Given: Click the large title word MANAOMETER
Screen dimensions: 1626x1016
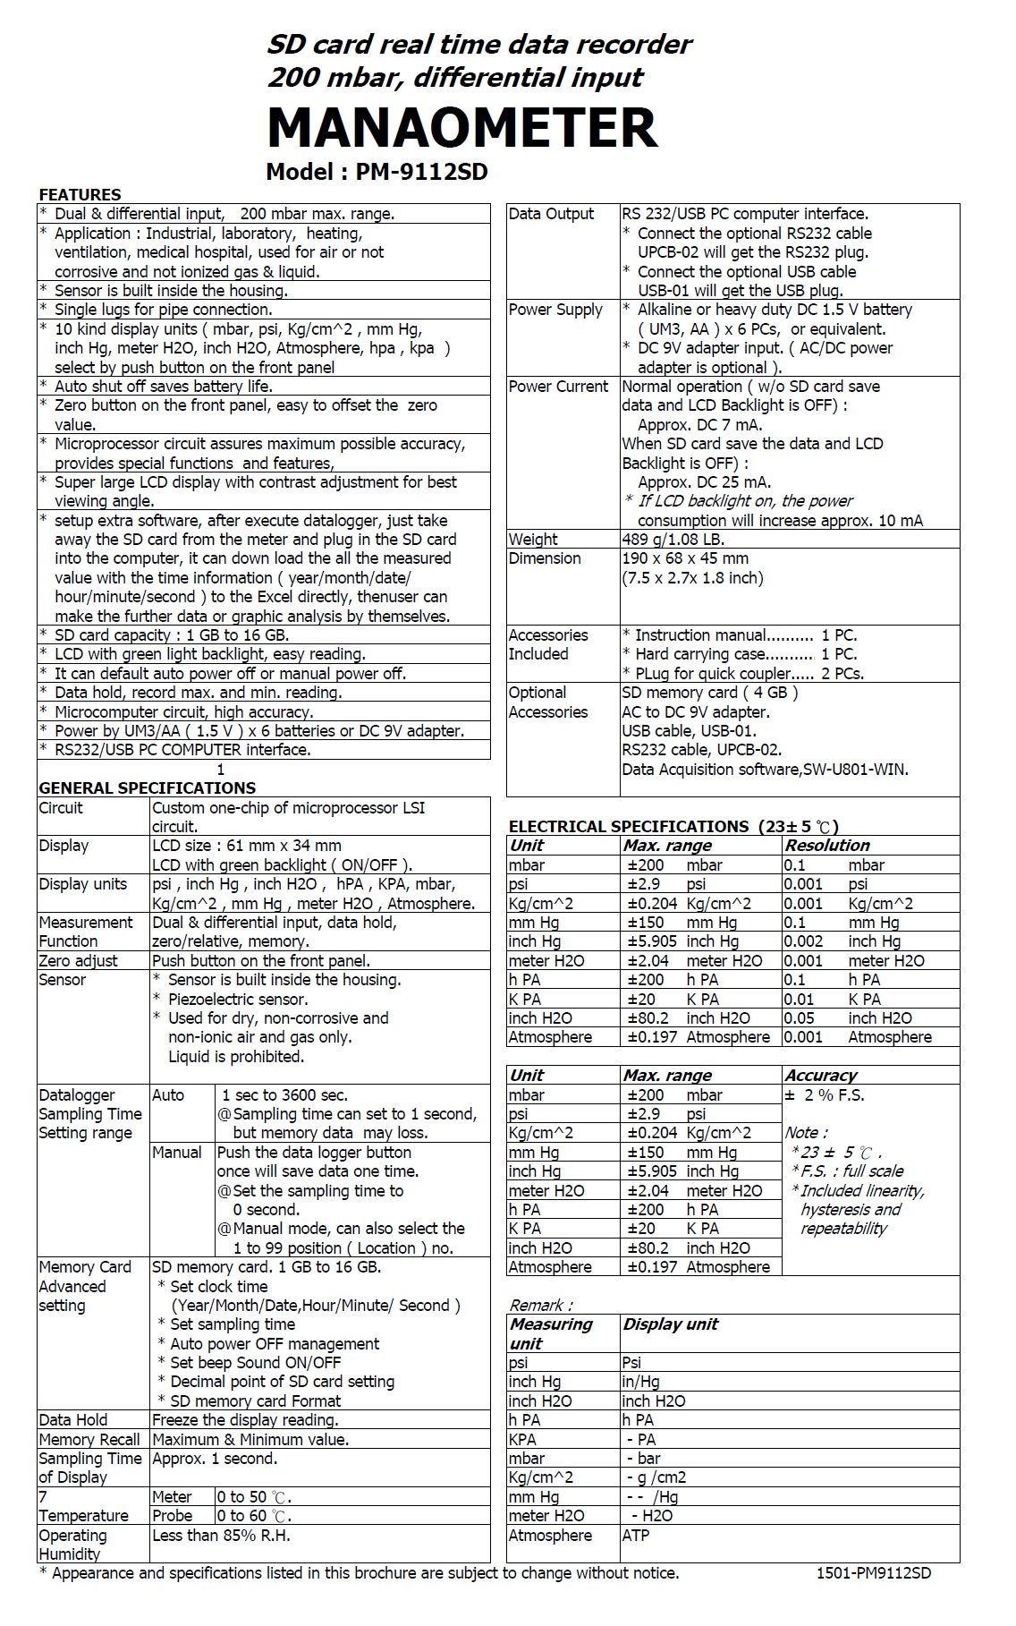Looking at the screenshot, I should pos(461,127).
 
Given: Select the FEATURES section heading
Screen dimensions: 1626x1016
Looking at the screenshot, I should pos(80,194).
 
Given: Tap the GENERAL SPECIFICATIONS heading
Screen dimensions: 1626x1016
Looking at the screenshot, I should pos(147,787).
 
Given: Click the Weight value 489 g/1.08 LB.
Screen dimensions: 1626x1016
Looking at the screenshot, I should pos(673,539).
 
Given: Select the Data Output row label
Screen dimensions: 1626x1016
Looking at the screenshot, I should pos(551,214).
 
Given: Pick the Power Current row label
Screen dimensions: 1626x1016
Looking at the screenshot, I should pos(558,387).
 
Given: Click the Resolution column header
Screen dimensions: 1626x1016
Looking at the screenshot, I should pos(826,845).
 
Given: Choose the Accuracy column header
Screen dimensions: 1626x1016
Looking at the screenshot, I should pos(820,1075).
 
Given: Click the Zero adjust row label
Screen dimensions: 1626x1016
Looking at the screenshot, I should pos(78,960).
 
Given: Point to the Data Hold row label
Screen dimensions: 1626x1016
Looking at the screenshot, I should pos(73,1420).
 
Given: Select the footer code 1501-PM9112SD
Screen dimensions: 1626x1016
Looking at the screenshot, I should pos(873,1573).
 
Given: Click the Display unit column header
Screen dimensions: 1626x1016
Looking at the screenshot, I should pos(671,1324).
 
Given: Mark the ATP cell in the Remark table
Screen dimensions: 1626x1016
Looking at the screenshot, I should pos(636,1535).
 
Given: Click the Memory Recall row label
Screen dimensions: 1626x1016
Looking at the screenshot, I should pos(89,1440).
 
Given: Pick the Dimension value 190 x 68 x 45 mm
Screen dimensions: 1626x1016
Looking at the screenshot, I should pos(685,558).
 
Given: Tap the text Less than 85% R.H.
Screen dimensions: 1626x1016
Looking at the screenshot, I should pos(221,1536).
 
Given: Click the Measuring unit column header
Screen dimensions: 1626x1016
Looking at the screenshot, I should pos(551,1333).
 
